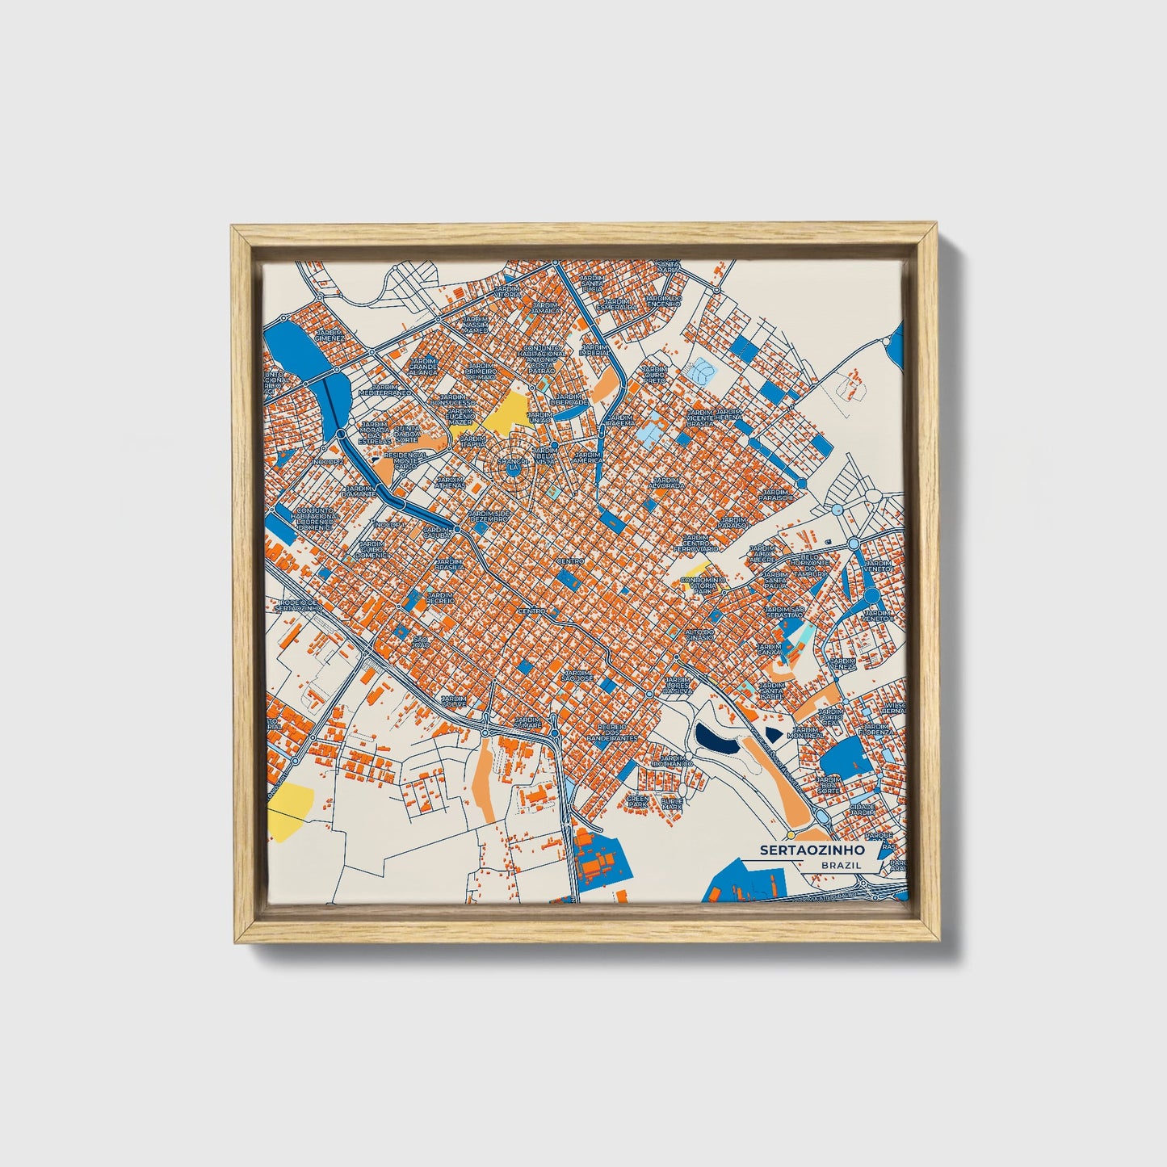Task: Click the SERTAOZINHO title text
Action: tap(812, 850)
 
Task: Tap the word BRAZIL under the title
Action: tap(841, 865)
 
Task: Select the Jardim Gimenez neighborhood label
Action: tap(330, 335)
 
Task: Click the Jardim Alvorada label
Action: tap(667, 484)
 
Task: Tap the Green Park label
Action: tap(638, 802)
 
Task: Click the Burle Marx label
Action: tap(672, 803)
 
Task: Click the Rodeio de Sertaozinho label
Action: tap(300, 603)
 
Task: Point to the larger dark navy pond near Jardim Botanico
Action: tap(716, 737)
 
